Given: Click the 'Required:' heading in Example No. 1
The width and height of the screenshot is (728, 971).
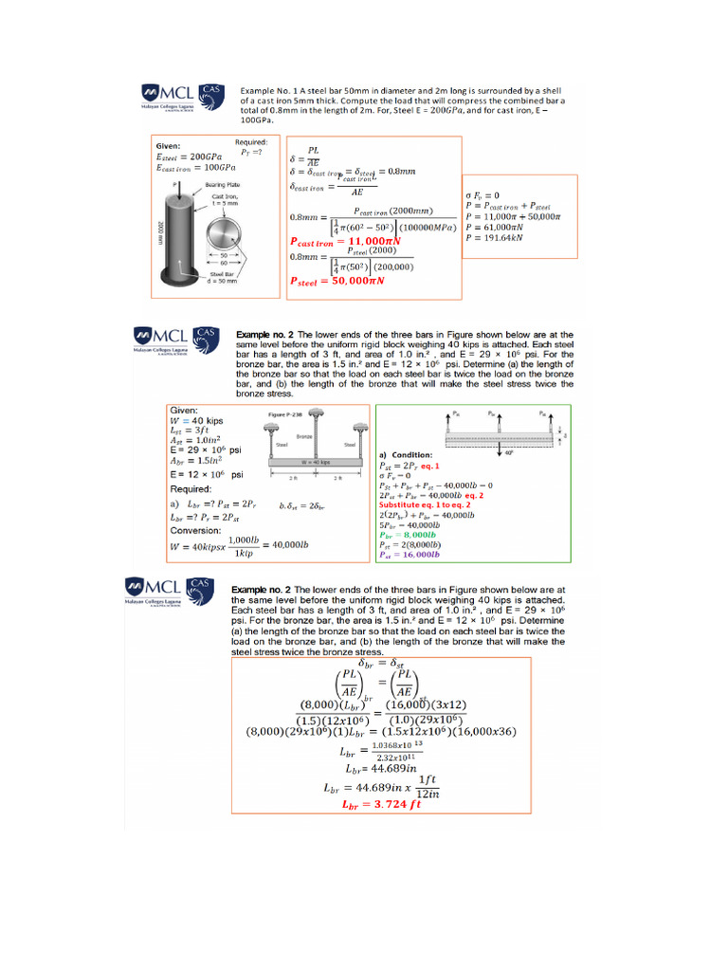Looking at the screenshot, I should tap(251, 142).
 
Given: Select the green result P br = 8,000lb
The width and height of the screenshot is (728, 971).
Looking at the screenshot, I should tap(405, 535).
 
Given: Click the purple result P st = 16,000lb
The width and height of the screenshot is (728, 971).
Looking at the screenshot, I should tap(408, 554).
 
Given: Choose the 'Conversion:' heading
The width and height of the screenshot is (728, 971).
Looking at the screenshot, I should tap(196, 530).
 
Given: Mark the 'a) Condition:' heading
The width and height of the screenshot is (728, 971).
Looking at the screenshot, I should tap(406, 455).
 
